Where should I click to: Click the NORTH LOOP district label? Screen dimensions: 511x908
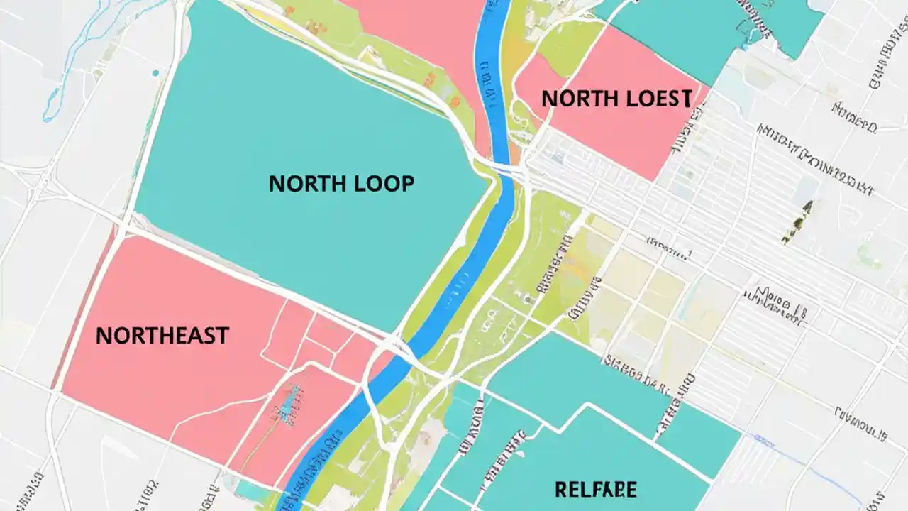click(x=341, y=184)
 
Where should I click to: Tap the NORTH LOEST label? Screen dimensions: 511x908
click(x=616, y=99)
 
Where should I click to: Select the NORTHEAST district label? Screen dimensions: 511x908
click(x=162, y=335)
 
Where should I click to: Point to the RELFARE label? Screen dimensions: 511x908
click(x=596, y=489)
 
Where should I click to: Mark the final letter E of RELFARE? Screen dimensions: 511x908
click(x=631, y=489)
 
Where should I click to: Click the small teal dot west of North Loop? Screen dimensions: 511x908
click(x=155, y=72)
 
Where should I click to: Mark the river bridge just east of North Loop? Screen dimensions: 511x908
click(x=505, y=167)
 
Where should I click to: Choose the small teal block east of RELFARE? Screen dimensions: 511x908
click(x=699, y=440)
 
